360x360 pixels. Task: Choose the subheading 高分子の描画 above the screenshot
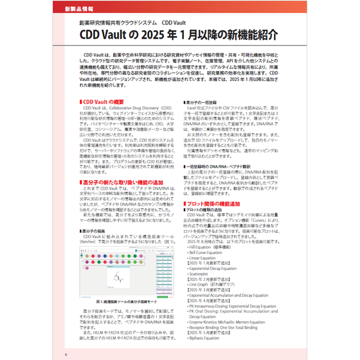pos(96,229)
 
